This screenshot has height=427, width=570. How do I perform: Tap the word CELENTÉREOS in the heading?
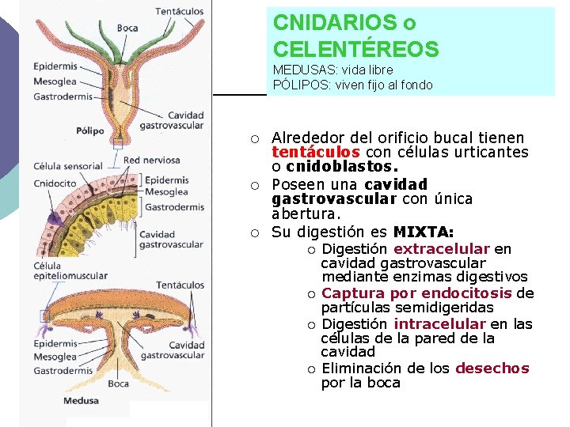[x=355, y=50]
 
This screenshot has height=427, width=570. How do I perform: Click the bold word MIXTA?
[x=424, y=232]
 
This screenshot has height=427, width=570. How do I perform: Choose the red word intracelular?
[x=439, y=324]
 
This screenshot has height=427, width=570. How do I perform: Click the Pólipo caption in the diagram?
[x=90, y=130]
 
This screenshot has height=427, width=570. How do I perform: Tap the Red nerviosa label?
[x=152, y=161]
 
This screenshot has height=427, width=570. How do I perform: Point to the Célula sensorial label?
[x=68, y=167]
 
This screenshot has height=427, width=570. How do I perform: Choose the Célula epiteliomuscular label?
[x=70, y=270]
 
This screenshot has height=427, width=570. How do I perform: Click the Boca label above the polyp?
[x=127, y=28]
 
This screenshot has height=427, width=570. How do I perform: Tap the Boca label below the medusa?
[x=118, y=384]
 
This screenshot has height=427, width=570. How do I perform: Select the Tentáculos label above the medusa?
[x=180, y=285]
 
